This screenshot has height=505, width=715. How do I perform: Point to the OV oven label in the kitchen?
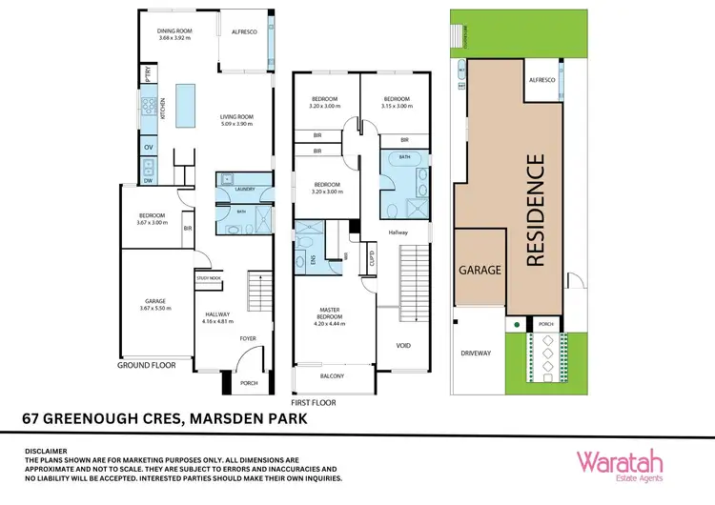149,148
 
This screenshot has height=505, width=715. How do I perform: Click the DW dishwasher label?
149,180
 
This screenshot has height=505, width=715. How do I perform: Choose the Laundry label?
244,190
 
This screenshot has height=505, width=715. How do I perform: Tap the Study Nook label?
208,277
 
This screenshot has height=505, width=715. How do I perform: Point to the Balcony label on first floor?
333,376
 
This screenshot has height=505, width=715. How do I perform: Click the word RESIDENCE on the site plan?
536,209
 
